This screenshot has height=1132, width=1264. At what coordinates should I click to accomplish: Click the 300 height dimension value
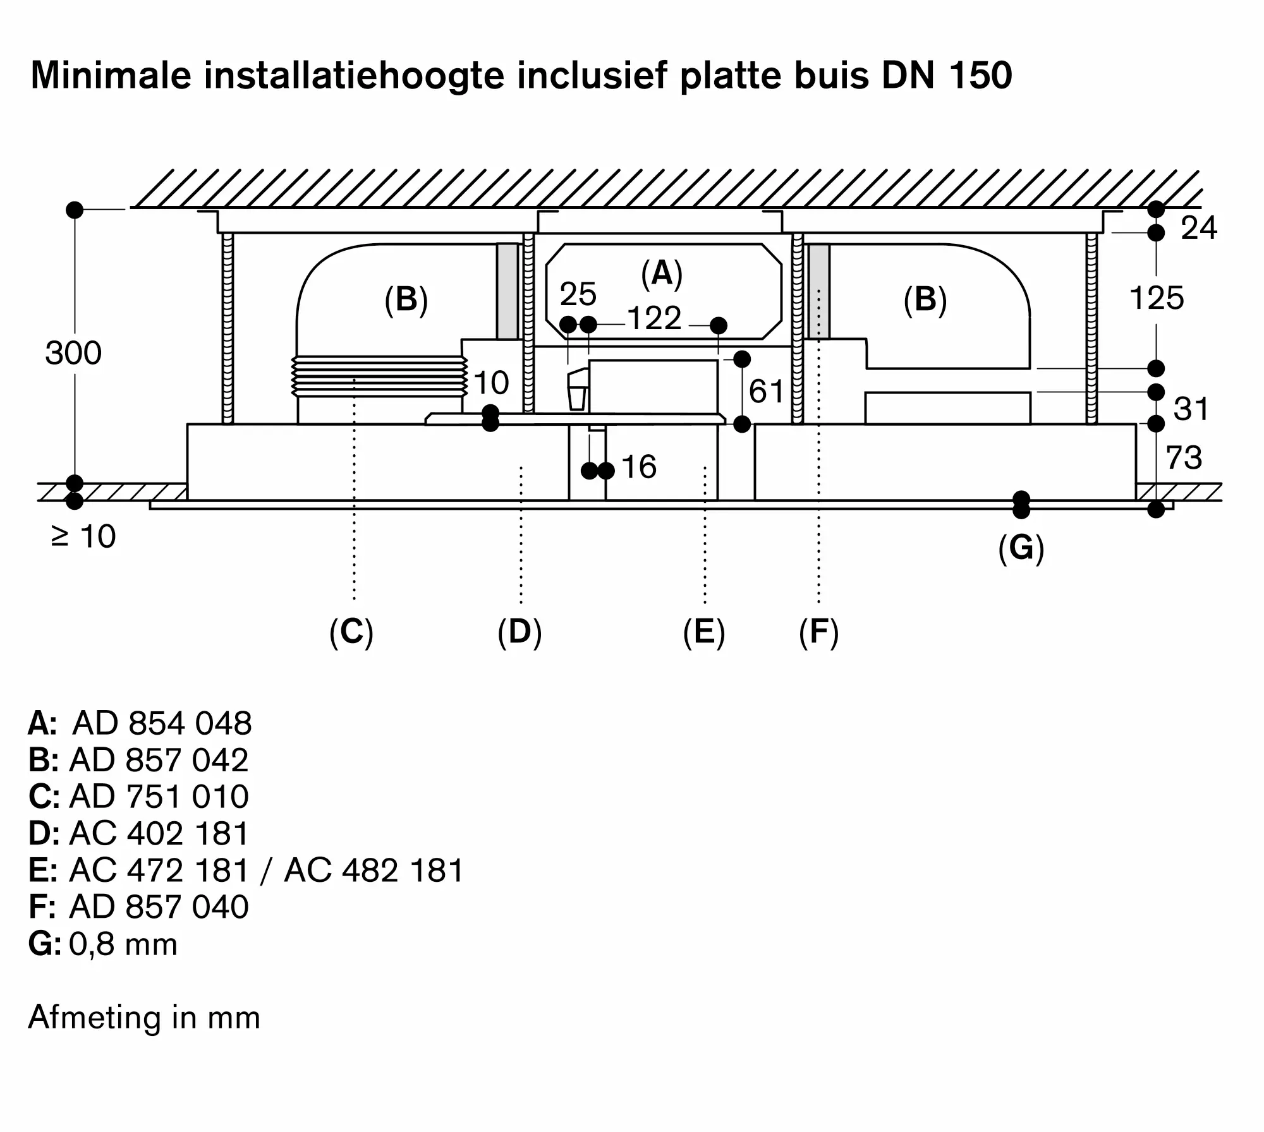coord(73,353)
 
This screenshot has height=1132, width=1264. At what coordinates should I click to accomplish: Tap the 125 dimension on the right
coord(1157,298)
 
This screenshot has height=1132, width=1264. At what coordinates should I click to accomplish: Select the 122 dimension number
coord(654,318)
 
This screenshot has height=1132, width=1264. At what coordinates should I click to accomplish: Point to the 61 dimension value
coord(766,392)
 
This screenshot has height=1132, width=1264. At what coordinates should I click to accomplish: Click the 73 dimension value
coord(1184,458)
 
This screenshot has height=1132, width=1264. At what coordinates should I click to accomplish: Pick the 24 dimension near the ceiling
coord(1199,228)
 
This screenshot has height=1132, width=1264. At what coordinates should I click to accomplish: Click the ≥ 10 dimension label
coord(83,537)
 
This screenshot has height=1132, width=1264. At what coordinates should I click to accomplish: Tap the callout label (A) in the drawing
coord(662,274)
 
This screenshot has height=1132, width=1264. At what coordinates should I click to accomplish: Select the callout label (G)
coord(1021,548)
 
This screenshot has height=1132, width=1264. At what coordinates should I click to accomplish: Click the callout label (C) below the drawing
coord(351,632)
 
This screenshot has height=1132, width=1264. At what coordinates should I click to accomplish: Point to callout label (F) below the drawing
coord(818,632)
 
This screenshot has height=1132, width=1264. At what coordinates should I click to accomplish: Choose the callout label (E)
coord(704,632)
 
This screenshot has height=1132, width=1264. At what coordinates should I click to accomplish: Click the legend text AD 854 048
coord(162,723)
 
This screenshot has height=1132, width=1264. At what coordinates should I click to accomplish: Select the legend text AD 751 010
coord(159,797)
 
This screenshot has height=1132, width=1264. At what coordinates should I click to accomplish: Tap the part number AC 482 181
coord(374,870)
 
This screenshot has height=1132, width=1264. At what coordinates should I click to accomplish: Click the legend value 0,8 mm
coord(123,944)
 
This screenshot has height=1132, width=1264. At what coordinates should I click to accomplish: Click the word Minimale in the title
coord(111,76)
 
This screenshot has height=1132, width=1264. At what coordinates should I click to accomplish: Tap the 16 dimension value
coord(639,467)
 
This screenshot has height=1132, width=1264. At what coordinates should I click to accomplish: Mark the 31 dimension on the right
coord(1191,409)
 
